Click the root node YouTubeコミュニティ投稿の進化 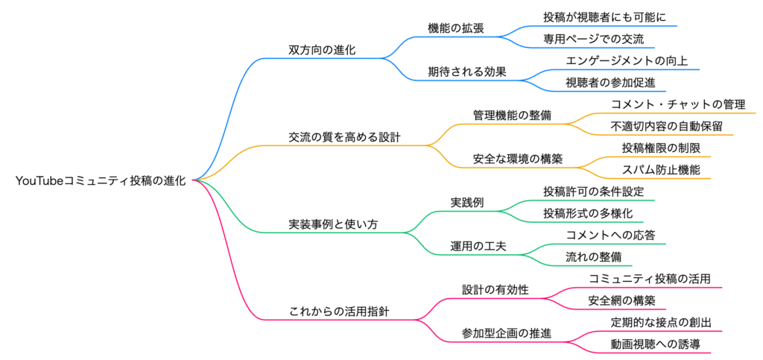pos(102,180)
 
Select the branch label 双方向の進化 pos(322,50)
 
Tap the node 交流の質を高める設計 pos(344,137)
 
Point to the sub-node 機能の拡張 pos(456,28)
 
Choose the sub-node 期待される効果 pos(467,72)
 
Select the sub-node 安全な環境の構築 pos(518,159)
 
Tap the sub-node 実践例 pos(467,202)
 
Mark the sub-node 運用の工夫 pos(478,246)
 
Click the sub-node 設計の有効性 pos(496,290)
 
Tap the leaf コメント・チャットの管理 pos(678,104)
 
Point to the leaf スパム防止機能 pos(661,169)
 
